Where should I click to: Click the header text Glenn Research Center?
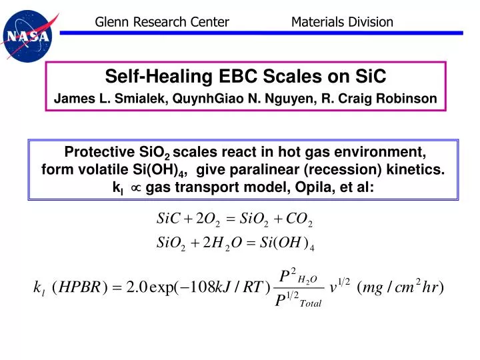point(162,22)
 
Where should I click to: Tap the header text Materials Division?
point(342,22)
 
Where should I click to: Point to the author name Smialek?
point(143,99)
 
